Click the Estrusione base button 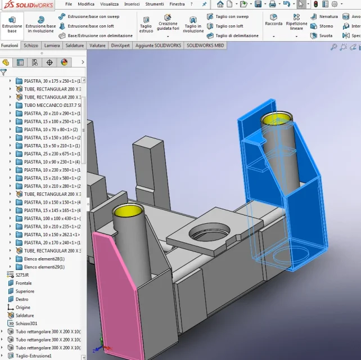12,25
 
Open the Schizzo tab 31,46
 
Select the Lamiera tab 52,46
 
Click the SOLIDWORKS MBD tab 205,46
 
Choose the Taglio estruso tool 146,25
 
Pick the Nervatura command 324,16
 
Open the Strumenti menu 155,4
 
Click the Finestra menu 177,4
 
